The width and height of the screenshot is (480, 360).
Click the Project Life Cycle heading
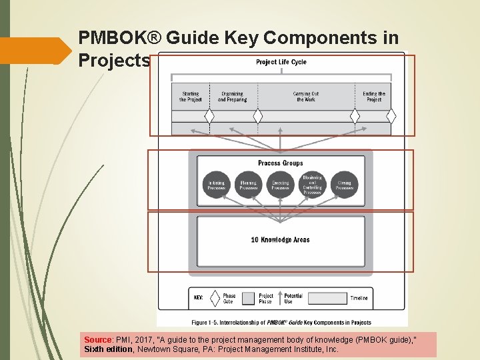(x=281, y=62)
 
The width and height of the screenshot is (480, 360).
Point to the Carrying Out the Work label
(x=306, y=97)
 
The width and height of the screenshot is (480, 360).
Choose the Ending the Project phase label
(x=374, y=97)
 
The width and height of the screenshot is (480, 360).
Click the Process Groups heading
(x=281, y=163)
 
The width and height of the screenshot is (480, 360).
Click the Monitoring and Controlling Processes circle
(x=312, y=185)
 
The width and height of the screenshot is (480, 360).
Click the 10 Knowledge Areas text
(x=281, y=240)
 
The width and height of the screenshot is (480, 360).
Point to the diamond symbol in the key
(x=215, y=298)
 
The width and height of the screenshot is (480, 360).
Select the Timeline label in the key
(x=359, y=299)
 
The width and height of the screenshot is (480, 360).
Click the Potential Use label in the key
(x=293, y=299)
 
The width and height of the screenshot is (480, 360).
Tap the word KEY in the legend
(x=198, y=298)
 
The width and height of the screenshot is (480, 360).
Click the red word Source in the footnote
(x=97, y=339)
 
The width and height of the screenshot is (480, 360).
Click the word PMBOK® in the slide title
(x=121, y=37)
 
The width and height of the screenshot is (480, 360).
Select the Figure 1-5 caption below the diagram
(x=281, y=322)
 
